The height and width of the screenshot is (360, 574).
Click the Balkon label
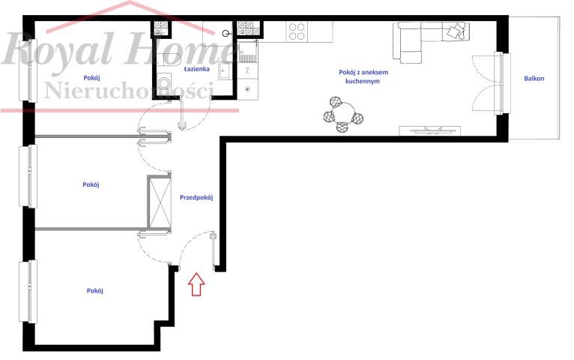point(534,78)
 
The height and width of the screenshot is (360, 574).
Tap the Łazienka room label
point(196,68)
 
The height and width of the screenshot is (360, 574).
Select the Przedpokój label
point(196,197)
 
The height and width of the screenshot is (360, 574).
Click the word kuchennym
point(363,81)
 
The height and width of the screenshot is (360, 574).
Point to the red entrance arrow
point(196,284)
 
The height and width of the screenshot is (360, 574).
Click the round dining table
point(343,112)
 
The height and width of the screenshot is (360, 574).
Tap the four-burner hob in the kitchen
point(297,31)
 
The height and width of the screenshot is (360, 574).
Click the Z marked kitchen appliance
point(247,70)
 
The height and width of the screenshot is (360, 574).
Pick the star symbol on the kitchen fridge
point(247,88)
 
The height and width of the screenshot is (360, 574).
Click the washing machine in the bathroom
point(164,83)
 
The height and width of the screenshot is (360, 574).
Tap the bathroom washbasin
point(223,70)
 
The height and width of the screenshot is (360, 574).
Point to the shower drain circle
point(226,33)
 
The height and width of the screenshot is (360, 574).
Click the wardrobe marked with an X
point(160,202)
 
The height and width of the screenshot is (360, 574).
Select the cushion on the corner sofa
point(455,31)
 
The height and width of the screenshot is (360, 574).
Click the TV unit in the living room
point(430,130)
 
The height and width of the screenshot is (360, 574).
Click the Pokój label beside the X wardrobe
point(91,184)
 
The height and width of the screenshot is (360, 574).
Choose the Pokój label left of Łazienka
point(91,78)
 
